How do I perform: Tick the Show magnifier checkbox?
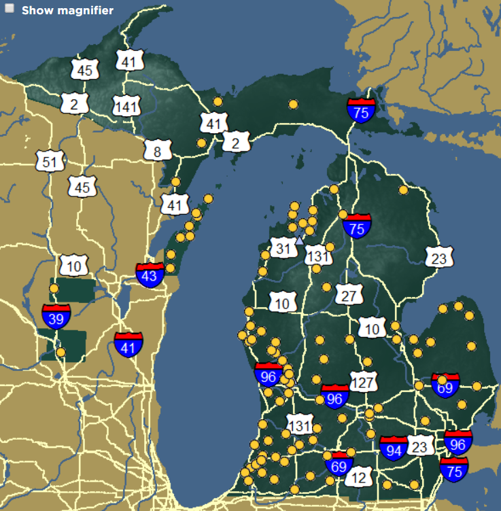point(10,10)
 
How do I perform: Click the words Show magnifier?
point(67,10)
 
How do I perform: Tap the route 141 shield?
point(126,106)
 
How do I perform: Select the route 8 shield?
point(157,151)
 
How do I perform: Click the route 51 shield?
point(50,162)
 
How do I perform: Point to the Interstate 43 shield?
point(150,274)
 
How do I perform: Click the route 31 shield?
point(284,248)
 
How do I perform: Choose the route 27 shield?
point(349,295)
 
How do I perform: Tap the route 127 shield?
point(363,381)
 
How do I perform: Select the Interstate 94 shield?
point(394,448)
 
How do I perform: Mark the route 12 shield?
point(359,477)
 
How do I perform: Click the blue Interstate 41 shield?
point(128,345)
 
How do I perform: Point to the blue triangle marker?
point(300,239)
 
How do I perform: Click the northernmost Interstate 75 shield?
point(361,109)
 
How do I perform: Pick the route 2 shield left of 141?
point(74,103)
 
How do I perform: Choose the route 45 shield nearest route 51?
point(83,187)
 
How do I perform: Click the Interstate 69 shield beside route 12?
point(339,464)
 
